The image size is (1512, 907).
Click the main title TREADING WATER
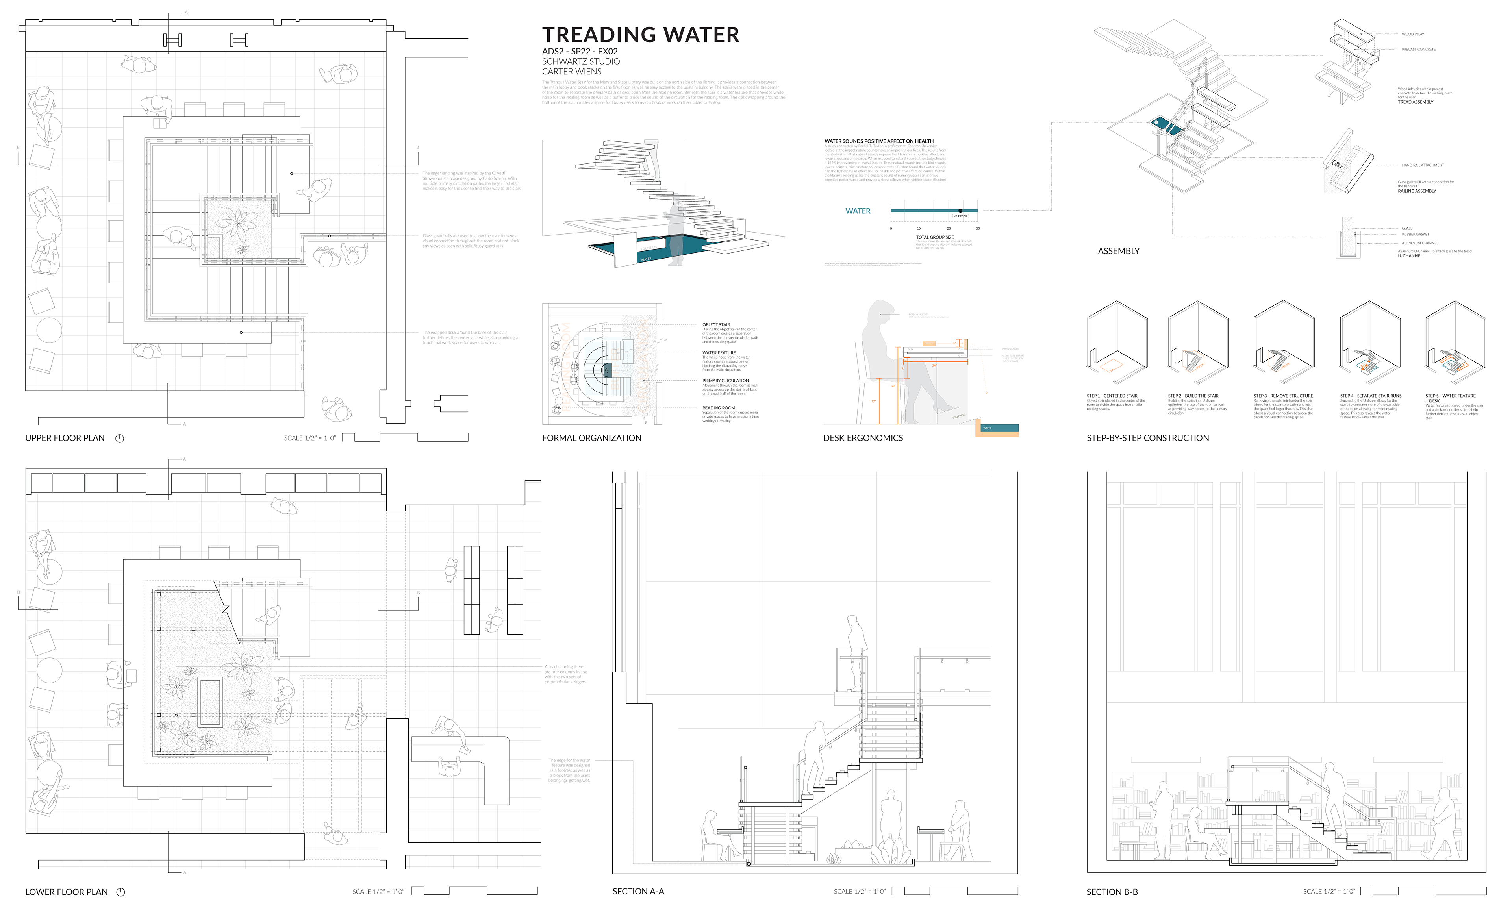click(641, 35)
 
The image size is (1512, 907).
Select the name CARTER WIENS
click(571, 72)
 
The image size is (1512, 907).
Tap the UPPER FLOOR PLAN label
click(65, 438)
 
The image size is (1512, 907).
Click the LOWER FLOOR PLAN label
click(66, 892)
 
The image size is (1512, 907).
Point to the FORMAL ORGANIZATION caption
click(591, 438)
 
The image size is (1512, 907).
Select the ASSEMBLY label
click(1118, 251)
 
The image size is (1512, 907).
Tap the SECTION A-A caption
click(638, 892)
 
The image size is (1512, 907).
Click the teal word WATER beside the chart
click(858, 211)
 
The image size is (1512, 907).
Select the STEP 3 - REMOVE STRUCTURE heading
click(1283, 396)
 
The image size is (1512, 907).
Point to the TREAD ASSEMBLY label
click(1416, 102)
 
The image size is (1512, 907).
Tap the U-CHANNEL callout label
click(1410, 256)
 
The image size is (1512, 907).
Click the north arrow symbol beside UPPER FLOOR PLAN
click(120, 438)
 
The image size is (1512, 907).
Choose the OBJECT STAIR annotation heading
click(716, 324)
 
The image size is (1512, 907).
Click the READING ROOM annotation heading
click(718, 408)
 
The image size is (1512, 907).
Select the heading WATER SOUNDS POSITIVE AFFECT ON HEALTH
click(879, 141)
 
